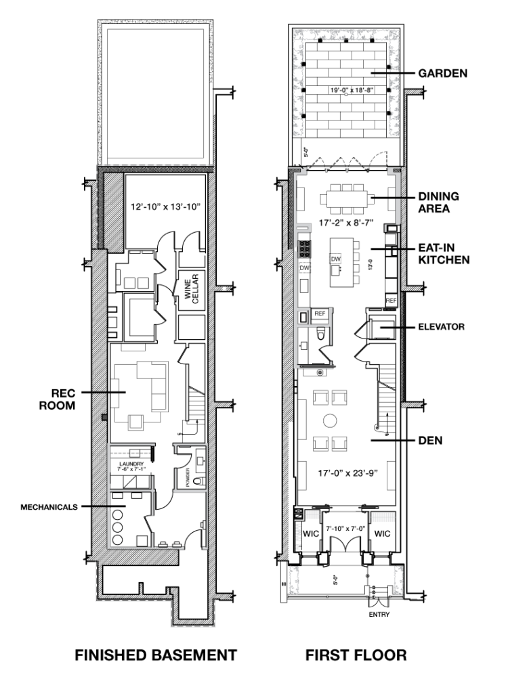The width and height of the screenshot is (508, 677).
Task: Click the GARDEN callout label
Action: coord(444,73)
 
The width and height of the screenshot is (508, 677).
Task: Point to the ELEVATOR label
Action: coord(440,327)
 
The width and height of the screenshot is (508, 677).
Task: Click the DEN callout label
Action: coord(430,440)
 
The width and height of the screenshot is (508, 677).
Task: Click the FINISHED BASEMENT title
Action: coord(156,655)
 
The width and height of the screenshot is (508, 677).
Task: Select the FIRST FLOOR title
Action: coord(356,655)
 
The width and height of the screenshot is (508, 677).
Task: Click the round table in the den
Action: coord(331,420)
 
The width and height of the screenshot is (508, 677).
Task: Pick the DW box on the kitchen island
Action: coord(335,259)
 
